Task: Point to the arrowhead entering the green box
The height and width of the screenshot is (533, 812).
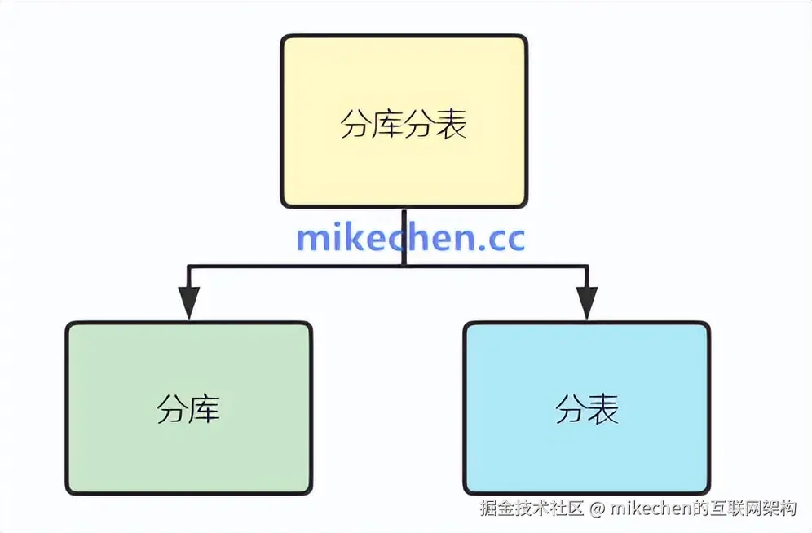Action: pyautogui.click(x=189, y=305)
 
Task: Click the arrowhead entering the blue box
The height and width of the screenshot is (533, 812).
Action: pyautogui.click(x=587, y=305)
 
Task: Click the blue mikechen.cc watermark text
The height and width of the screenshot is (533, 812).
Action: pyautogui.click(x=410, y=237)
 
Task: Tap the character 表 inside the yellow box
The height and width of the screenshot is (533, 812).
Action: pyautogui.click(x=452, y=126)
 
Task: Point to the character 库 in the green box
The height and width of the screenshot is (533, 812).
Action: pyautogui.click(x=205, y=408)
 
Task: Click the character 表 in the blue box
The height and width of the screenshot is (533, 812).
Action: pyautogui.click(x=602, y=408)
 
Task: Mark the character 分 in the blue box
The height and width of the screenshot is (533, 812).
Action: pyautogui.click(x=571, y=408)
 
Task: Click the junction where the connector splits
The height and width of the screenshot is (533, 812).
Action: pyautogui.click(x=404, y=266)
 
